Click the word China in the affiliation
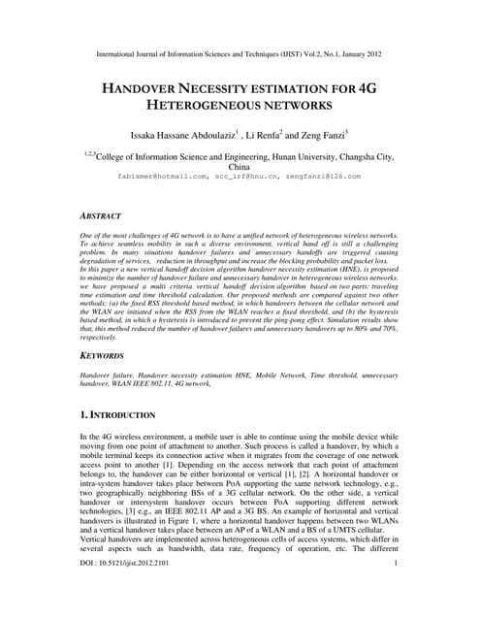(239, 167)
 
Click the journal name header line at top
(240, 56)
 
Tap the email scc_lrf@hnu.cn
(242, 177)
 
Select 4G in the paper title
(369, 88)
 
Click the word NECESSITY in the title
(234, 88)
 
